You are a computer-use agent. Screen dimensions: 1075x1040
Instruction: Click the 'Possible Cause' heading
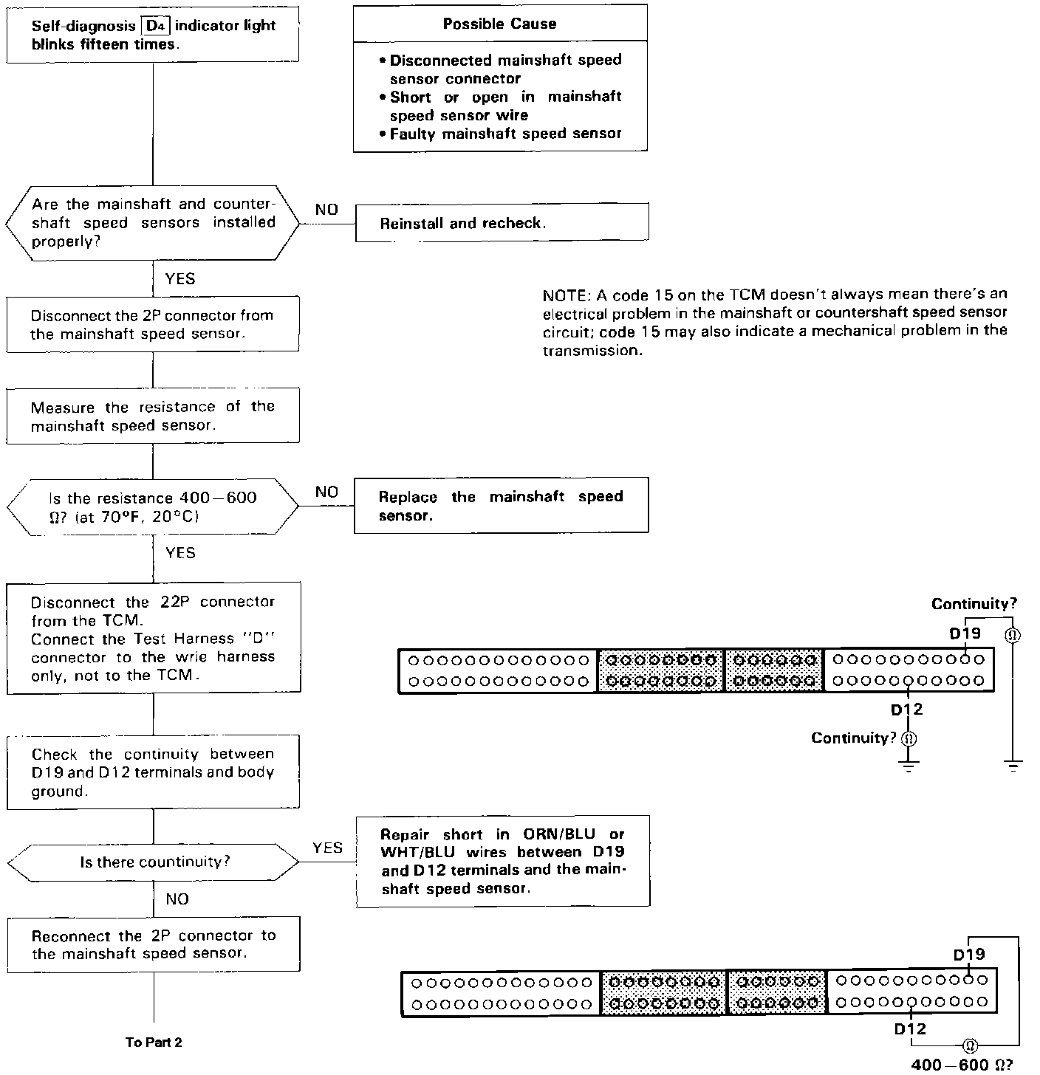point(499,24)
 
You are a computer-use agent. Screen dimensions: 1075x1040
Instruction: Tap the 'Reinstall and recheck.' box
point(502,223)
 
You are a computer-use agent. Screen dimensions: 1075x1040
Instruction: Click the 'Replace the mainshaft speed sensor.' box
point(501,506)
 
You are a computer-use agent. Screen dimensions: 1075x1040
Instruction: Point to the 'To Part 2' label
point(154,1043)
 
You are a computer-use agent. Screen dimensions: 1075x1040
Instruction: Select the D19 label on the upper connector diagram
point(965,633)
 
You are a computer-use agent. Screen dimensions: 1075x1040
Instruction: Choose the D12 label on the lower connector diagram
point(909,1028)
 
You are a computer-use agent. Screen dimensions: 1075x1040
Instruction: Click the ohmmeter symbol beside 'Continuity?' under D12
point(909,738)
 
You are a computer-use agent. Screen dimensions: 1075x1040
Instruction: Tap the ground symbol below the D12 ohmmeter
point(909,764)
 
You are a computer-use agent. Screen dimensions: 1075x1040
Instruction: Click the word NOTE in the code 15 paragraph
point(564,295)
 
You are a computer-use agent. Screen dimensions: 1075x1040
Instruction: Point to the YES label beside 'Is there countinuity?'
point(327,848)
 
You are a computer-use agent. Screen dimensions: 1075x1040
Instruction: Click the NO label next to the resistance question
point(326,492)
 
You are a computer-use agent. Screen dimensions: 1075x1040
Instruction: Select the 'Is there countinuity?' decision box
point(154,862)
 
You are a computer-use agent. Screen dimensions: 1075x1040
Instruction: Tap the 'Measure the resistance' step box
point(153,416)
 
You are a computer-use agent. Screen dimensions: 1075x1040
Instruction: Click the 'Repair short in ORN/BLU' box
point(503,862)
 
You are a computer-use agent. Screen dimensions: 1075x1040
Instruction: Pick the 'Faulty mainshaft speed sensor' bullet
point(505,134)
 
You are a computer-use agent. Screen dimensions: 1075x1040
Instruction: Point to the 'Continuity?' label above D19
point(974,604)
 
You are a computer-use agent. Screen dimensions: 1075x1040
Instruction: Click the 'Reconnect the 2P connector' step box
point(154,944)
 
